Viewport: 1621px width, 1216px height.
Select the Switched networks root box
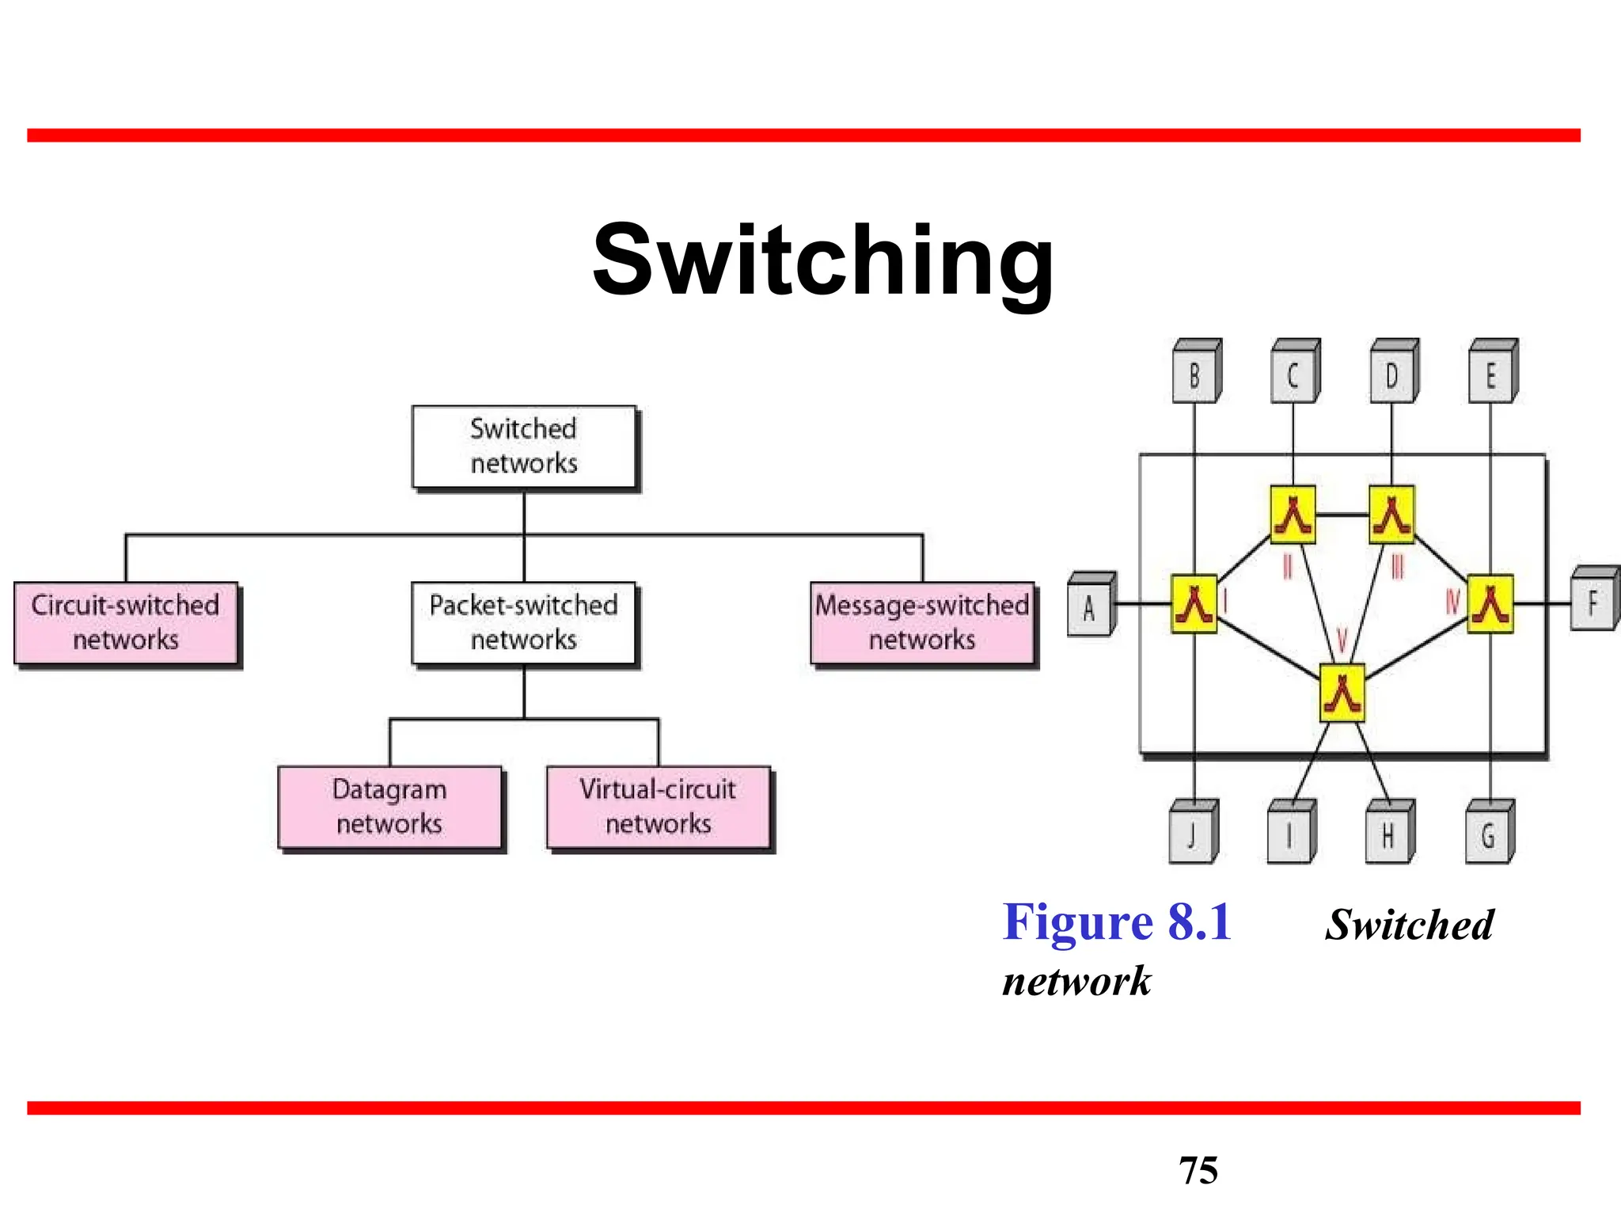[x=524, y=446]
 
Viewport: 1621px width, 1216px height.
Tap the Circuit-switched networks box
[x=126, y=623]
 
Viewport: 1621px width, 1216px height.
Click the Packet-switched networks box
[x=524, y=623]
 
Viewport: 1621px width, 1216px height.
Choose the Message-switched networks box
[x=922, y=623]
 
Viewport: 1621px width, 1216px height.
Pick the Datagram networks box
[x=389, y=807]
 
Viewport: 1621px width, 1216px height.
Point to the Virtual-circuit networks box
[x=658, y=807]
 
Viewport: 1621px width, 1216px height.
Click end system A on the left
[x=1090, y=606]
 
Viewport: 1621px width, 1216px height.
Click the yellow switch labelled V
[x=1342, y=693]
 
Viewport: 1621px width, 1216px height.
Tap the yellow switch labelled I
[x=1194, y=604]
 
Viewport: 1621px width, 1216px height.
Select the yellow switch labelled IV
[x=1490, y=604]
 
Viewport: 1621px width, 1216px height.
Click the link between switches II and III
[x=1342, y=515]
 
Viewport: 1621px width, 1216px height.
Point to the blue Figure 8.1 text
[x=1117, y=922]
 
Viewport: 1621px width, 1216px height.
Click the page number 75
[x=1198, y=1170]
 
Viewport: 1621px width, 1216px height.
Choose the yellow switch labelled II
[x=1293, y=515]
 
